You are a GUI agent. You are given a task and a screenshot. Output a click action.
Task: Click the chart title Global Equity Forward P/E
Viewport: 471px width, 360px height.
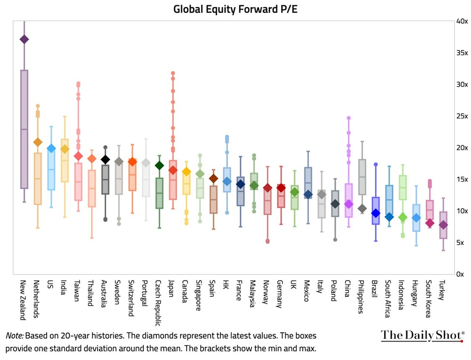(235, 8)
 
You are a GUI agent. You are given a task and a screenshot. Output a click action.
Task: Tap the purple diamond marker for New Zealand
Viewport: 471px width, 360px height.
(24, 39)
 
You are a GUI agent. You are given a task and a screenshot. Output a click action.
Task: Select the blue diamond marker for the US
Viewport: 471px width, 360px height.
(51, 149)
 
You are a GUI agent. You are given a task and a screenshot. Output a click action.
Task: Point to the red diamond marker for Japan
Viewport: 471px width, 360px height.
(173, 170)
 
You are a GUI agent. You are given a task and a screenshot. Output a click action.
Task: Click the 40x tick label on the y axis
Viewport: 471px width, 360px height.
(462, 21)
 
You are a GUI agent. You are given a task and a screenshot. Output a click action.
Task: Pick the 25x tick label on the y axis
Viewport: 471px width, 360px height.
(462, 116)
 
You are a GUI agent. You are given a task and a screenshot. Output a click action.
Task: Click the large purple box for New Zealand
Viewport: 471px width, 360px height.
(24, 129)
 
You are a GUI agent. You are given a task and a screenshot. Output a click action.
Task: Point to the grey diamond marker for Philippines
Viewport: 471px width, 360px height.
(362, 208)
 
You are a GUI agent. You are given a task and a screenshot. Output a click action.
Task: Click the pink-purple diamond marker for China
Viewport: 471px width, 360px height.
(349, 204)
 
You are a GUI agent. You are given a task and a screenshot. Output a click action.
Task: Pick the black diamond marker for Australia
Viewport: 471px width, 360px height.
(106, 159)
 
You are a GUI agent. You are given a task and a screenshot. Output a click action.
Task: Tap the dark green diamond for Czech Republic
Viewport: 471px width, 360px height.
(160, 165)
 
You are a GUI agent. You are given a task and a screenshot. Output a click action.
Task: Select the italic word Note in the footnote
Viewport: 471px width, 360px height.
(14, 336)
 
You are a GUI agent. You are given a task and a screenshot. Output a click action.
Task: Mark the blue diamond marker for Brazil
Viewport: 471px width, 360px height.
(375, 213)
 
